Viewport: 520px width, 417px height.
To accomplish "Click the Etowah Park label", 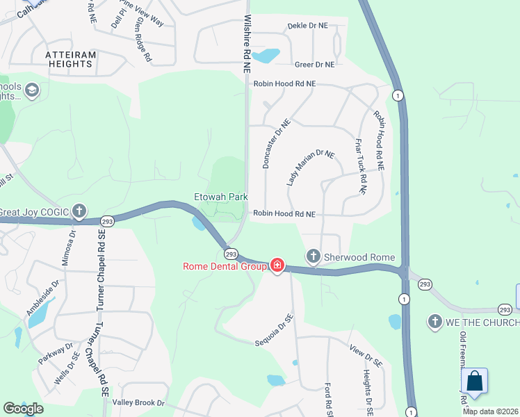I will click(220, 197).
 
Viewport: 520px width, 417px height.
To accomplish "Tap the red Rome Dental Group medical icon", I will click(277, 265).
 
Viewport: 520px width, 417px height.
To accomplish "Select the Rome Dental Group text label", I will click(225, 266).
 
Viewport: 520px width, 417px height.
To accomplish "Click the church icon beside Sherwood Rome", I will click(314, 257).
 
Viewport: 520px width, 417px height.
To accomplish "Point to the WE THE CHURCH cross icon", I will click(435, 322).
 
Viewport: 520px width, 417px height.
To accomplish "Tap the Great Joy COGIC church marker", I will click(79, 211).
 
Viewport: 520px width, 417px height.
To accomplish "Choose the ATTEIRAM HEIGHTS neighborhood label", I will click(69, 58).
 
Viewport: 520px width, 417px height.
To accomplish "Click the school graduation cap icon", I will click(31, 90).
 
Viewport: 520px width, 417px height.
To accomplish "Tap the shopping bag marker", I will click(475, 381).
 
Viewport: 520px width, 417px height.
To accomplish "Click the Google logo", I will click(23, 408).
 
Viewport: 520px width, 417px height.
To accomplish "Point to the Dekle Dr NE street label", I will click(307, 26).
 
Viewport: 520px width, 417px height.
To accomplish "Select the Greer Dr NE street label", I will click(314, 65).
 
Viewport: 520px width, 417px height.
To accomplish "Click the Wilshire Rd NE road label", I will click(246, 45).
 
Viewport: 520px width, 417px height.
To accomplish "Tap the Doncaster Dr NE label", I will click(275, 142).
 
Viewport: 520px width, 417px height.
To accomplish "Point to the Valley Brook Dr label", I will click(138, 402).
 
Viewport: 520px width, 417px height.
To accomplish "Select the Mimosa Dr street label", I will click(71, 248).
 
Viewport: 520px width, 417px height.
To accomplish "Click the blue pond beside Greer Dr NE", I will click(266, 56).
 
